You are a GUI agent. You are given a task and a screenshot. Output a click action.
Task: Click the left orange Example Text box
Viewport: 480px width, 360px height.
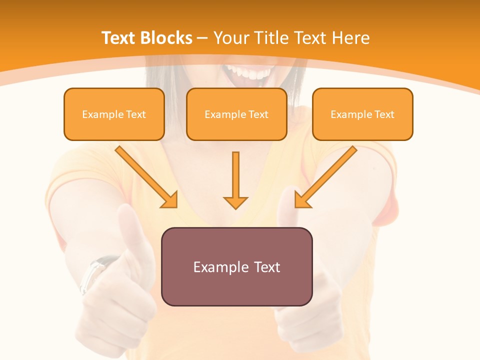tap(114, 114)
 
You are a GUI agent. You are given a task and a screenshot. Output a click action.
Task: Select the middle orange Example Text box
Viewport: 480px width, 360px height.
tap(236, 114)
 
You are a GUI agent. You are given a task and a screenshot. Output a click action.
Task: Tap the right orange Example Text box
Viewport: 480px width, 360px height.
tap(362, 114)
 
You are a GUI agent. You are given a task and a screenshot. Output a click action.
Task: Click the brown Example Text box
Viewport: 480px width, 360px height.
tap(236, 266)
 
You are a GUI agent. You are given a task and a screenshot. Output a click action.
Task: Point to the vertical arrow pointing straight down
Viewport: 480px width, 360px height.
tap(235, 180)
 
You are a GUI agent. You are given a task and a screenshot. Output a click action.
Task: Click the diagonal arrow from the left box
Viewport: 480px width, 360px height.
tap(146, 177)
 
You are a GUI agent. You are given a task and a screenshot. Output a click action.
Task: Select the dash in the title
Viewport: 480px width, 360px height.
tap(202, 38)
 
